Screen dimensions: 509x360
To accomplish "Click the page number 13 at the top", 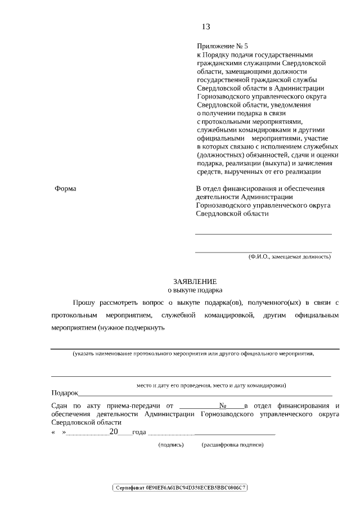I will (x=205, y=26).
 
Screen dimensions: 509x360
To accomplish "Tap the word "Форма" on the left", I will (x=65, y=188).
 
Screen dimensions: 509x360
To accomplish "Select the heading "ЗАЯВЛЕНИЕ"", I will (x=195, y=281).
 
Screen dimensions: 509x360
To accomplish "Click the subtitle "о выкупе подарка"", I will (x=195, y=290).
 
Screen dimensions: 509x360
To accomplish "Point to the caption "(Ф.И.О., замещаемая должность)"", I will (x=290, y=256).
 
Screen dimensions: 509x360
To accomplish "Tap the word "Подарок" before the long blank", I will (x=64, y=393).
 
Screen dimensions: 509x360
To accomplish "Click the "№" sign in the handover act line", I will (x=222, y=405).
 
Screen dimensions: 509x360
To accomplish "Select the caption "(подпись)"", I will (x=172, y=444).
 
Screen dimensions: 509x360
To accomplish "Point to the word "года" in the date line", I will (x=139, y=433).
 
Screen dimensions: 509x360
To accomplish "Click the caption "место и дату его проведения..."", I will (x=211, y=386).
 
